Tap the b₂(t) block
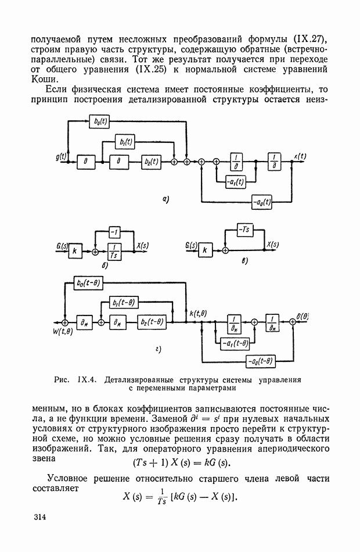(x=153, y=163)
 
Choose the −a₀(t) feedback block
(x=263, y=202)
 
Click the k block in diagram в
(x=206, y=252)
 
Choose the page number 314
(x=40, y=517)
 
